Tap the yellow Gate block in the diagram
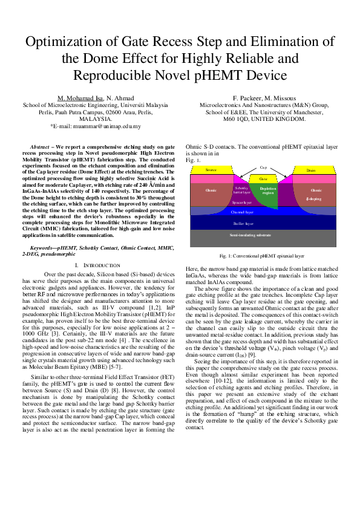coord(263,179)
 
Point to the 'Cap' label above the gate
coord(263,166)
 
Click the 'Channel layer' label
coord(263,212)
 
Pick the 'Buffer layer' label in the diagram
coord(263,223)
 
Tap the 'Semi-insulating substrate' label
coord(263,234)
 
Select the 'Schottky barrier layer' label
coord(241,190)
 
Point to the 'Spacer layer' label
coord(242,203)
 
